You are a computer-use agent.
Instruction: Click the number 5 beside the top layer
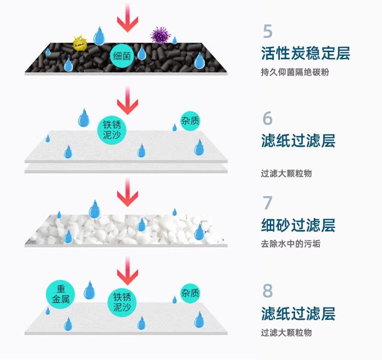pos(267,31)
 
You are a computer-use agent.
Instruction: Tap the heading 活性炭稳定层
pos(306,53)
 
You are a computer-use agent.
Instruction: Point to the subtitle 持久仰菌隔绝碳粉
pos(295,73)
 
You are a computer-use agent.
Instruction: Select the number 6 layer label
pos(267,118)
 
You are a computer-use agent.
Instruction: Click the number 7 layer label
pos(267,203)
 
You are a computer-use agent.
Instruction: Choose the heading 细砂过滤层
pos(298,225)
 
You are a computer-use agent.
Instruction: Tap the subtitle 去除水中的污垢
pos(290,244)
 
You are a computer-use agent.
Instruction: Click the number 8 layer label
pos(267,290)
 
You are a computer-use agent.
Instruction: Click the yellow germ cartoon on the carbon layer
pos(80,43)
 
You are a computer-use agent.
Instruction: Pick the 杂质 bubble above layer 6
pos(190,121)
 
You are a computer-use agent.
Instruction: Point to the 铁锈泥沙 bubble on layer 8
pos(122,302)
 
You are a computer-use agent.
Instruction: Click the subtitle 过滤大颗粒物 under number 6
pos(286,174)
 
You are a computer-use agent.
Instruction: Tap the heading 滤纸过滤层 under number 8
pos(298,314)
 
